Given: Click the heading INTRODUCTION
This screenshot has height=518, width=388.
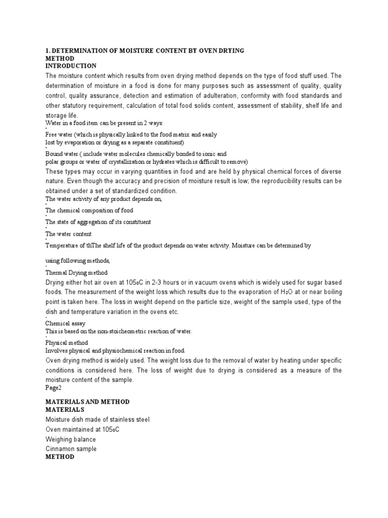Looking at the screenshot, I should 71,66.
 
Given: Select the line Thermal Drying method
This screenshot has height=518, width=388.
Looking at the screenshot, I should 76,273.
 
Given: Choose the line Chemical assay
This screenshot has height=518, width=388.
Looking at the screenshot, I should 66,323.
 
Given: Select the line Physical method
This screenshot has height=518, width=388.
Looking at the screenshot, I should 67,342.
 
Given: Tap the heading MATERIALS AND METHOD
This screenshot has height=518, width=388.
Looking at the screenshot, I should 87,402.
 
